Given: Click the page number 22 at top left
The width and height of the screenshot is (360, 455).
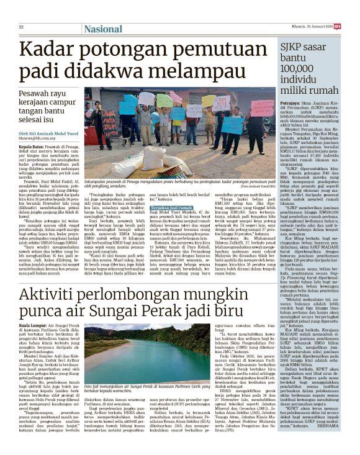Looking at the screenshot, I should coord(20,27).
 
